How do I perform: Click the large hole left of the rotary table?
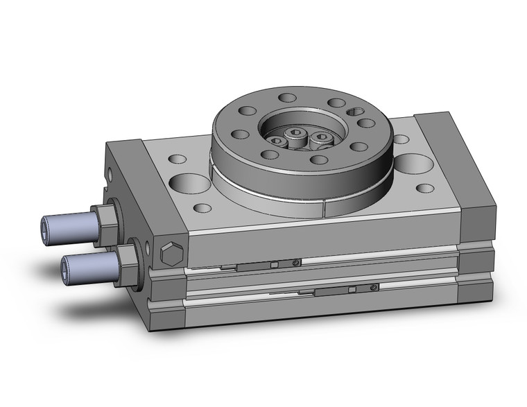[189, 184]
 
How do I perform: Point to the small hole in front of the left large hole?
[202, 207]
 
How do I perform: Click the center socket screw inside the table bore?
[296, 134]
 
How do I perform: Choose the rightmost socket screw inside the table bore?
[320, 137]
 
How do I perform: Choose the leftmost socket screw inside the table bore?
[278, 141]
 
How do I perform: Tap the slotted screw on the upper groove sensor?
[296, 262]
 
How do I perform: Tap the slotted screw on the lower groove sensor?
[374, 287]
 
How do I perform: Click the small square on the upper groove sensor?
[275, 264]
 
